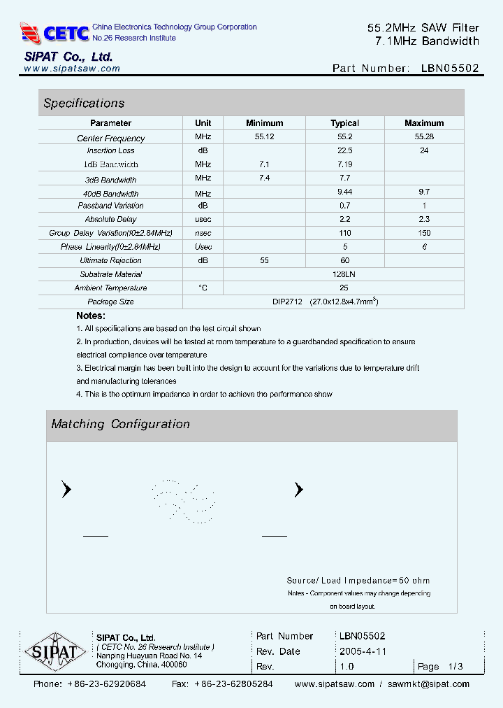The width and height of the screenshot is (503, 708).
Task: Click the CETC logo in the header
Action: coord(54,32)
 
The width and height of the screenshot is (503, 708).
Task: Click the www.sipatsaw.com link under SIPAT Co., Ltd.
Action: coord(72,69)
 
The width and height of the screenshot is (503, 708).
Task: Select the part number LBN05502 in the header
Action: coord(450,69)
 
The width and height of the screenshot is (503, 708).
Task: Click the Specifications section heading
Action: coord(84,103)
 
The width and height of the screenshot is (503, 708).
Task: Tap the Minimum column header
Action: coord(264,123)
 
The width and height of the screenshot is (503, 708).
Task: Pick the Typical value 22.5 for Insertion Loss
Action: coord(344,150)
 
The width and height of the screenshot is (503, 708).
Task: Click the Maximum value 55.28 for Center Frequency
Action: coord(423,137)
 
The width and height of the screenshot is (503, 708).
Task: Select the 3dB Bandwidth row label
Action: coord(110,179)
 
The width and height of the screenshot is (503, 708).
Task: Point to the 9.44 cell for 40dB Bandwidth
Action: coord(344,193)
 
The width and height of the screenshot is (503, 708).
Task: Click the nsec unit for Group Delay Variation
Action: coord(203,233)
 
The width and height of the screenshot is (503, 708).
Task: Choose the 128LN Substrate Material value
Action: coord(344,274)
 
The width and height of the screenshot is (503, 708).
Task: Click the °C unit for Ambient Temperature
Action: coord(203,288)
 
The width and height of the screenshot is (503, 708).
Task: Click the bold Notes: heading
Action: coord(91,316)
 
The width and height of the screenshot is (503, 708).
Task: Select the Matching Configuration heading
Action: coord(120,424)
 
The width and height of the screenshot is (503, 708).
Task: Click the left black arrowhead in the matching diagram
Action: coord(66,490)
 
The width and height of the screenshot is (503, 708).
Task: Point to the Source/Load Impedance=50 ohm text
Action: coord(358,580)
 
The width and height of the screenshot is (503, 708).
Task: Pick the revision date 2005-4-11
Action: coord(363,651)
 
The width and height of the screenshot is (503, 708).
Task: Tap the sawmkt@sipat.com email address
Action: coord(428,684)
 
